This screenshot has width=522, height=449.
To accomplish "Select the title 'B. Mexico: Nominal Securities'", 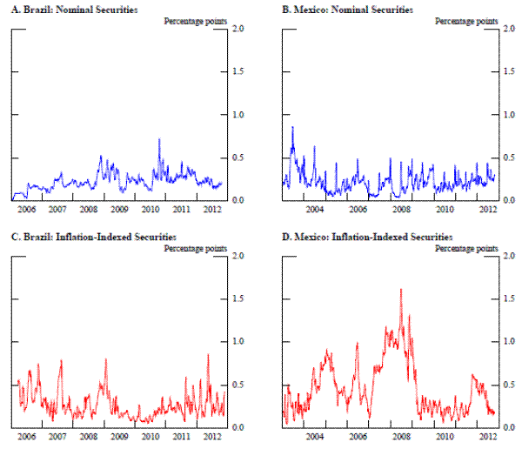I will coord(335,10).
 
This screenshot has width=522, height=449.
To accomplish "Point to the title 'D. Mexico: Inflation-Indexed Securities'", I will coord(357,237).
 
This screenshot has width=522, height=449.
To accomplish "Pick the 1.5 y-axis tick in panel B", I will coord(512,72).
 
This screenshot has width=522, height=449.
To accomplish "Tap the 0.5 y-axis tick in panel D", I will coord(512,385).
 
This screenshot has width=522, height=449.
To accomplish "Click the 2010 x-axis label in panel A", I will coord(151,210).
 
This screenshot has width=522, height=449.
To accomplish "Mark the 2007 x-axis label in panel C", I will coord(57,437).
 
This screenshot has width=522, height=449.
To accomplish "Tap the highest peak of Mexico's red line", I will coord(401,289).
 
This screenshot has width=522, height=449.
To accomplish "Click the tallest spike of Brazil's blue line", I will coord(159,139).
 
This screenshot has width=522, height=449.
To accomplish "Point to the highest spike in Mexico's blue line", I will coord(292,127).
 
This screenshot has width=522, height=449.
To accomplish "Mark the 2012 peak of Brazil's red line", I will coord(208,354).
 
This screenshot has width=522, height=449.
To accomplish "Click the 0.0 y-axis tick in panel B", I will coord(512,200).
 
